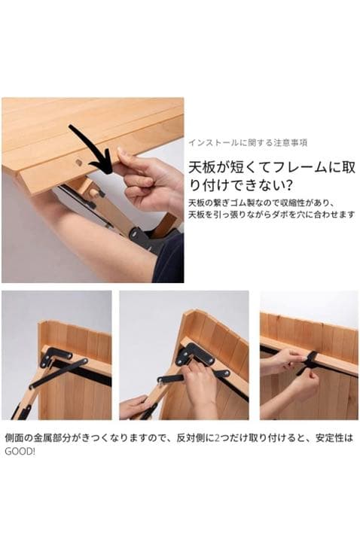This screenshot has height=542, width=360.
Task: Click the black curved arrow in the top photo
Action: click(90, 147)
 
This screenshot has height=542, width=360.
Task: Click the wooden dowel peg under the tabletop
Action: click(94, 193)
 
